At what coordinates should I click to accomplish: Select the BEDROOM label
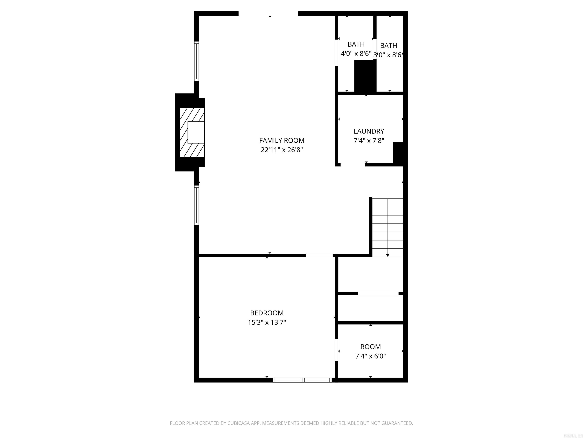(267, 313)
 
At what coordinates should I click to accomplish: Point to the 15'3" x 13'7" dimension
(267, 322)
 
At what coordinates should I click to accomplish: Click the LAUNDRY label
(369, 131)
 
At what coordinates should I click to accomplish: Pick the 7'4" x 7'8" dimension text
(369, 141)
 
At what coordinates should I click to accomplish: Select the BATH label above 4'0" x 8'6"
(356, 44)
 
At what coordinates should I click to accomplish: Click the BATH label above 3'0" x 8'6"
(388, 46)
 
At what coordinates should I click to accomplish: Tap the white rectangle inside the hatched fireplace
(196, 132)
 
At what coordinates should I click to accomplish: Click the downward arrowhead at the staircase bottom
(388, 255)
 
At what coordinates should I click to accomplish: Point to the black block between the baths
(365, 76)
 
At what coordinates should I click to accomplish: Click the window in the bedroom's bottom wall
(302, 380)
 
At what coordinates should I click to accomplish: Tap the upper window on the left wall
(196, 61)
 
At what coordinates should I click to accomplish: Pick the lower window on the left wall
(196, 205)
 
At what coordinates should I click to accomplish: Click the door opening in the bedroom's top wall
(319, 255)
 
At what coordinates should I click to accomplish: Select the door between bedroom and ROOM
(336, 350)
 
